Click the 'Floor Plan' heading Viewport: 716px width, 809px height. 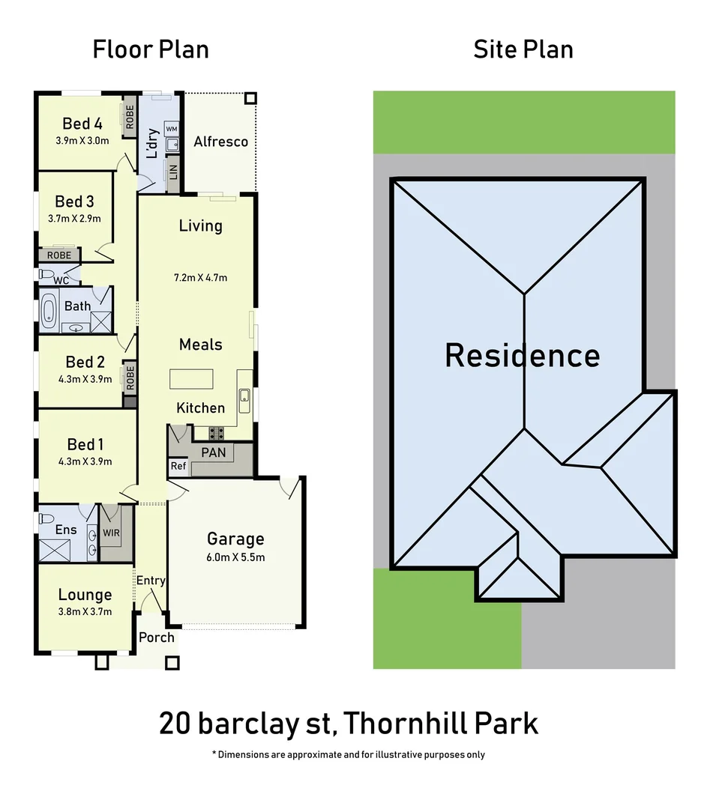coord(151,49)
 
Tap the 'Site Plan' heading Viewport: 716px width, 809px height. coord(523,49)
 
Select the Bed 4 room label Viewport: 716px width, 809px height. coord(82,124)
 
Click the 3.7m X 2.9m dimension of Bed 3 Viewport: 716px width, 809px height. coord(78,218)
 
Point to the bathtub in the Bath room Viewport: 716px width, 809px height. coord(49,312)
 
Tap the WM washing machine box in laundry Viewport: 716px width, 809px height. coord(171,129)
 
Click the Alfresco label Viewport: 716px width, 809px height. coord(220,142)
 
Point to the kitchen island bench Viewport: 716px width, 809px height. coord(191,379)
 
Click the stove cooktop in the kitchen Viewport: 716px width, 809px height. coord(217,432)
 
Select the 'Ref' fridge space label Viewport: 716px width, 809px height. coord(178,466)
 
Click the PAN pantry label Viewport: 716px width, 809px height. coord(213,452)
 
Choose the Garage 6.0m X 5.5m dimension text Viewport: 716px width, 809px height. coord(235,557)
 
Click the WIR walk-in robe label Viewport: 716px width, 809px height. coord(111,533)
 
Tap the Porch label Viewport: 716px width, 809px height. coord(156,637)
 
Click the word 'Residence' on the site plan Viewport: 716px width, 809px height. coord(522,355)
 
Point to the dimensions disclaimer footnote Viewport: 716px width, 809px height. coord(348,754)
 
